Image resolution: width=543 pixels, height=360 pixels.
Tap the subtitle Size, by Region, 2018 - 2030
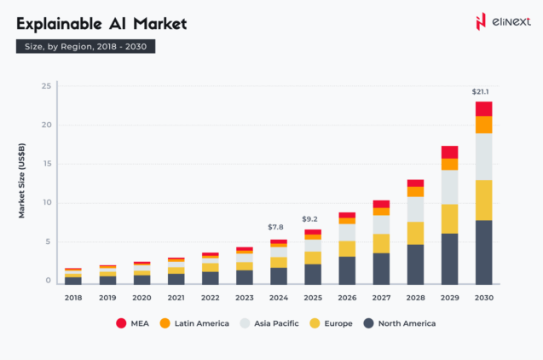(x=85, y=47)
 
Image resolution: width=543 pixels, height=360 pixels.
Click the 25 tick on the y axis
(x=47, y=86)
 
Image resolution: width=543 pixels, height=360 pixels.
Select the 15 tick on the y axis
(x=47, y=164)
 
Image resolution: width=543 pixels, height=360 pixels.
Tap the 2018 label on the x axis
(x=73, y=298)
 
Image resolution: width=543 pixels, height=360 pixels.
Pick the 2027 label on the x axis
(x=381, y=298)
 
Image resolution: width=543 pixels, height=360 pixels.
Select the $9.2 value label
(x=312, y=218)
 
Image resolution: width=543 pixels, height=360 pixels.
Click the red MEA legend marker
(x=121, y=323)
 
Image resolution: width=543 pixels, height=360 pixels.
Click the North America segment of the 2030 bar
(x=483, y=253)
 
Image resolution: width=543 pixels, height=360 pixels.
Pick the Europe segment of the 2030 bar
(x=483, y=200)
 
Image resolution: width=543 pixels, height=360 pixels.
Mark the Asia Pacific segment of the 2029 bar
(x=449, y=187)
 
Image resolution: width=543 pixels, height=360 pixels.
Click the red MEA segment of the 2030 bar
(x=483, y=108)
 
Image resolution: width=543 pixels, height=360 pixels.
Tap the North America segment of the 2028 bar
(x=415, y=264)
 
